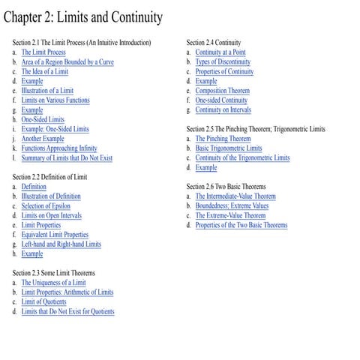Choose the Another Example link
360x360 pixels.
(43, 139)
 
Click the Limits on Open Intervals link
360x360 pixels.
(52, 215)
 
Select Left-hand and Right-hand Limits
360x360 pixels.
(61, 244)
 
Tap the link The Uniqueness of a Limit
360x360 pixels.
(53, 283)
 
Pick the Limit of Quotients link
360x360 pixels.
(43, 301)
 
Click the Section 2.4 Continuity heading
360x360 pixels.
(214, 43)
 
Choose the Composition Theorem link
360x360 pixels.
(223, 91)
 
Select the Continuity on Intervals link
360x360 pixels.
(223, 110)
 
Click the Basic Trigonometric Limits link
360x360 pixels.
(229, 148)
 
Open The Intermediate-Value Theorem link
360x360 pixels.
(235, 196)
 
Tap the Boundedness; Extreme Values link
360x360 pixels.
(232, 205)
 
